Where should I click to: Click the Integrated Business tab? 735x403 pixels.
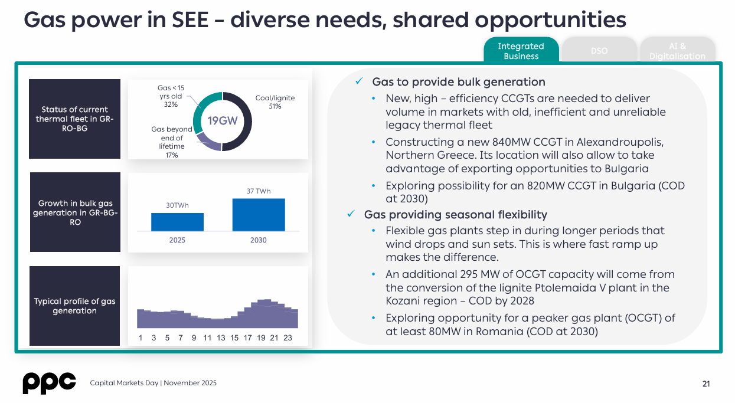[x=521, y=51]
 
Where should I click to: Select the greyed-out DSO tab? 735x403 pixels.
[x=599, y=51]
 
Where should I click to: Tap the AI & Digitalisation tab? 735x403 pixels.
[x=677, y=51]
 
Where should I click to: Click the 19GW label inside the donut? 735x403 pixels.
[x=223, y=121]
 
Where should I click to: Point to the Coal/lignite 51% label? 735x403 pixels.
[x=275, y=102]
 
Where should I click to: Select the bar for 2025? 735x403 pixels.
[x=177, y=222]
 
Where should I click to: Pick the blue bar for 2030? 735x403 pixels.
[x=259, y=215]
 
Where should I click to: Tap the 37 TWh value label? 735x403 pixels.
[x=259, y=191]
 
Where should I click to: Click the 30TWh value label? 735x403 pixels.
[x=177, y=205]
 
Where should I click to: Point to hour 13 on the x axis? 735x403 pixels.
[x=221, y=338]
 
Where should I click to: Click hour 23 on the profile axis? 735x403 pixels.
[x=288, y=338]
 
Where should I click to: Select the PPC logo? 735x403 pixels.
[x=49, y=383]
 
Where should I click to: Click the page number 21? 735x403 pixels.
[x=706, y=384]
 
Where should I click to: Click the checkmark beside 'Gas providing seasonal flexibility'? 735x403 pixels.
[x=351, y=214]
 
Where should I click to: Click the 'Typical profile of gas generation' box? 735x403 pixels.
[x=74, y=306]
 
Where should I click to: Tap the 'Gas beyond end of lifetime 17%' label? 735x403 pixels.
[x=172, y=142]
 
